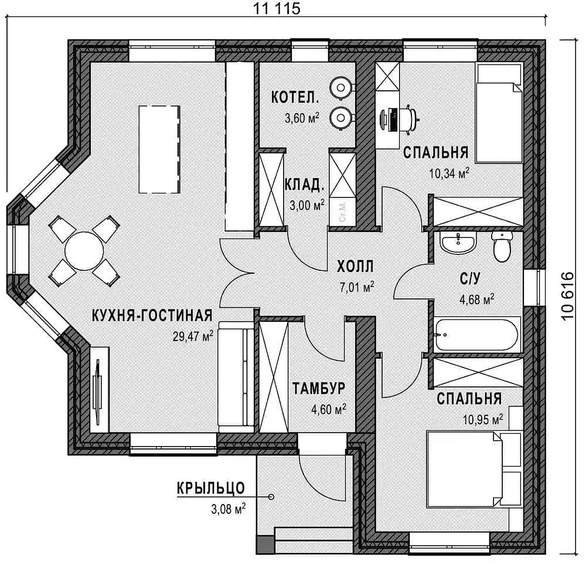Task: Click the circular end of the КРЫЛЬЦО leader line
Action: click(x=271, y=497)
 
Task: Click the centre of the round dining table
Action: click(x=84, y=251)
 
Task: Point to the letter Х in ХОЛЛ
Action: click(x=342, y=267)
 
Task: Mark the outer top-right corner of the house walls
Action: click(x=545, y=40)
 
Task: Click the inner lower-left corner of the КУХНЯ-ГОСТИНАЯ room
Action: click(x=91, y=433)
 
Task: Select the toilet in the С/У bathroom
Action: click(x=502, y=246)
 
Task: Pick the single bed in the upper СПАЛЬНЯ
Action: click(x=499, y=113)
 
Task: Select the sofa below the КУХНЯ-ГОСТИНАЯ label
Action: click(x=236, y=377)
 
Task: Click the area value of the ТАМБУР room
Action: click(x=329, y=409)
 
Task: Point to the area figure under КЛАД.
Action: click(x=307, y=205)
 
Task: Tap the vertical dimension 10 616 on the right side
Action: click(x=568, y=295)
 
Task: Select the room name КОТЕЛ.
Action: click(x=295, y=98)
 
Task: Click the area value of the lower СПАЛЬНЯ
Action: click(x=483, y=419)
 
